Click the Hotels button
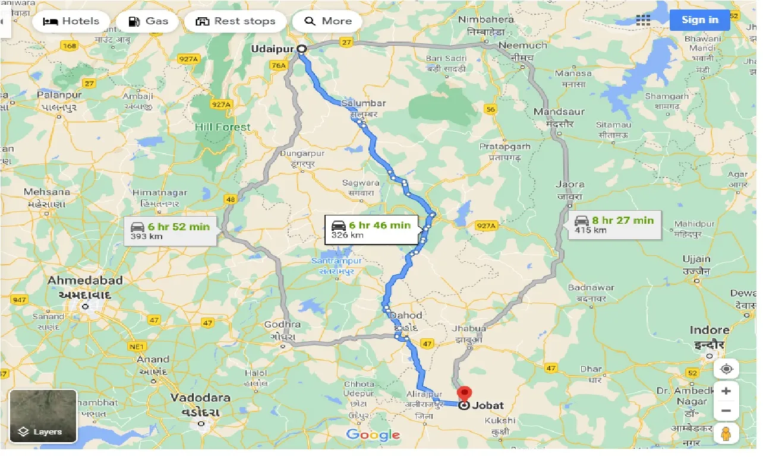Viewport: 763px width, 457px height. point(71,21)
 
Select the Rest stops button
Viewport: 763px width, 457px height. point(235,21)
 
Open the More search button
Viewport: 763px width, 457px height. point(329,21)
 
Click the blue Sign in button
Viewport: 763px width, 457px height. point(699,20)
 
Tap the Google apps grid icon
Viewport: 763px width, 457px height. point(643,20)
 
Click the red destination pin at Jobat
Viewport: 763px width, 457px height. point(464,394)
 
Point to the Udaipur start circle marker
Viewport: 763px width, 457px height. point(301,49)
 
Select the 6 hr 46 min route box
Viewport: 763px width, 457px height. point(372,229)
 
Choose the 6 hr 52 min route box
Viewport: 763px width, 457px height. point(171,231)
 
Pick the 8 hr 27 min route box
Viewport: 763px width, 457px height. point(614,224)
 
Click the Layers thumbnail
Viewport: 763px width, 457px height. point(43,416)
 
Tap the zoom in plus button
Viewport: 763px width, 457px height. point(726,392)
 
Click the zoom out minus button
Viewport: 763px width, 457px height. point(726,411)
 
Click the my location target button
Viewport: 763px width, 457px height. point(726,369)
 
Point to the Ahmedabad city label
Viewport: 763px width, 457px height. point(85,280)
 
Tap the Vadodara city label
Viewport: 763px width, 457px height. point(195,398)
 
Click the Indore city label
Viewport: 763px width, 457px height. point(709,330)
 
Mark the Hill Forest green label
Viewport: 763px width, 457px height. point(223,127)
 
